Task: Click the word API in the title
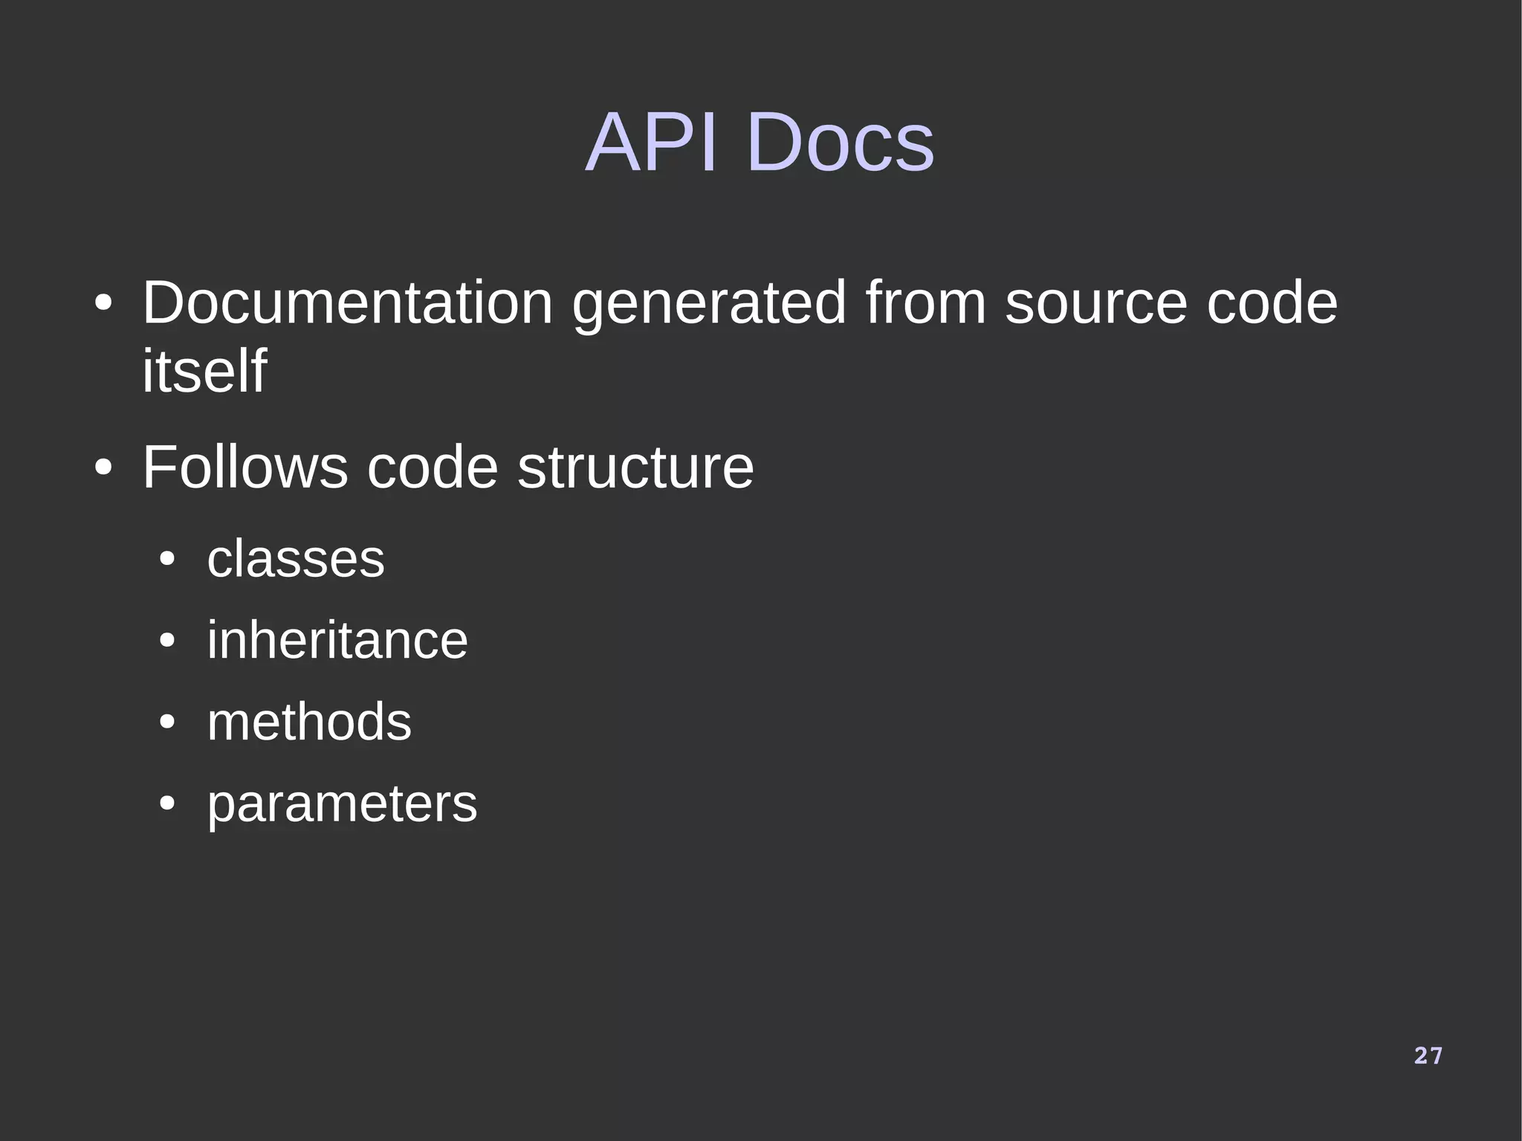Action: click(x=652, y=142)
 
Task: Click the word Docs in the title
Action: click(x=840, y=142)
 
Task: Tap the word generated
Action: click(x=709, y=304)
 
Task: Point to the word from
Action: click(x=925, y=303)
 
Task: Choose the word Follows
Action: click(x=245, y=467)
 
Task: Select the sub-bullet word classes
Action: click(x=296, y=558)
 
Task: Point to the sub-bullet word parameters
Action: click(x=342, y=804)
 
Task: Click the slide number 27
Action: click(x=1428, y=1056)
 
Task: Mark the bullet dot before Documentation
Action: click(x=103, y=304)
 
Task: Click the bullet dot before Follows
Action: click(x=103, y=468)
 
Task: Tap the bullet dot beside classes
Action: click(x=167, y=559)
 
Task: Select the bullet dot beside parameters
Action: click(x=167, y=804)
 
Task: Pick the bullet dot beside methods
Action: click(x=167, y=722)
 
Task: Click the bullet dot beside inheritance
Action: click(x=167, y=640)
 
